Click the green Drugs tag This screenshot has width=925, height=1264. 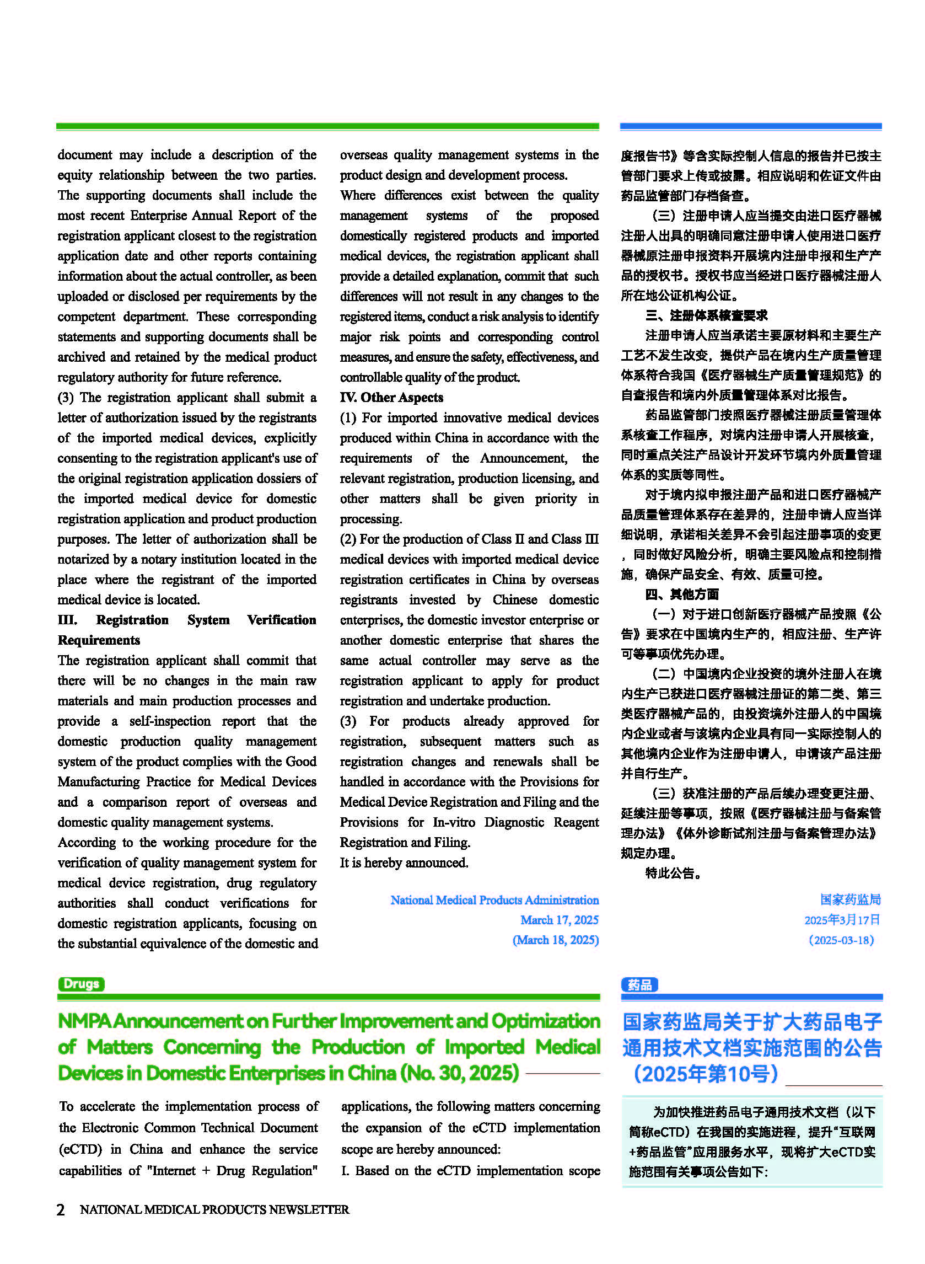(81, 983)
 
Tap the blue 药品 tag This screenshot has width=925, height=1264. (639, 984)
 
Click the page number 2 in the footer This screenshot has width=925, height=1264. (61, 1209)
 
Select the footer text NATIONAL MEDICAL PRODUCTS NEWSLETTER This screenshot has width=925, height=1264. (214, 1209)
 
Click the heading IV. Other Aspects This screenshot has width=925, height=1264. (391, 397)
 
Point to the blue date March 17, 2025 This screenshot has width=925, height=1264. (560, 919)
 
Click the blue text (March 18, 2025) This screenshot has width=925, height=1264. (556, 940)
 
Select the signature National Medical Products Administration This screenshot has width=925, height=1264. (494, 899)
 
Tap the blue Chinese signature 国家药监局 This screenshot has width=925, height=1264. (850, 899)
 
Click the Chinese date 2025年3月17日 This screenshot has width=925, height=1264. (842, 919)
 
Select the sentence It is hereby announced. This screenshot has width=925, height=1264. (404, 863)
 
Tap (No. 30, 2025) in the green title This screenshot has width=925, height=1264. (459, 1073)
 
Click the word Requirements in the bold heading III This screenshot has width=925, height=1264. (99, 640)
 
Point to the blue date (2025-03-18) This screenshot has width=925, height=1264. (841, 940)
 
